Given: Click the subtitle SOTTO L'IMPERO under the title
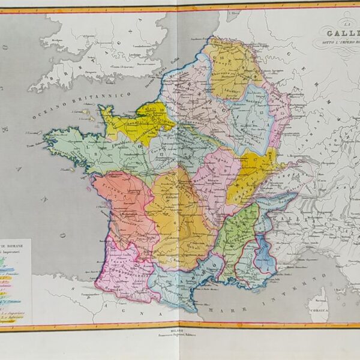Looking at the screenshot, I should (339, 44).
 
